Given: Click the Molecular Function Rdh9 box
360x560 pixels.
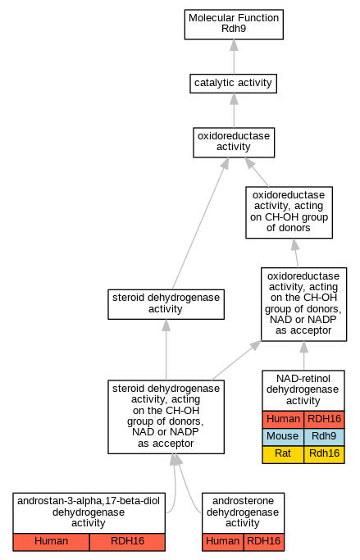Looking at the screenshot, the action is [234, 25].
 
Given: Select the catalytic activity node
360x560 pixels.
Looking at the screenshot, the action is [233, 83].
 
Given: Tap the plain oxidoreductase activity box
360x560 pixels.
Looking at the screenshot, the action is [234, 142].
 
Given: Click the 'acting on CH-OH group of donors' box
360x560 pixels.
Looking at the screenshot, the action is [289, 212].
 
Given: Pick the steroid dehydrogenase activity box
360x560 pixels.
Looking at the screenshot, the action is [166, 304].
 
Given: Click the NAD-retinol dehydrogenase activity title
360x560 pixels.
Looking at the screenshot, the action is [303, 390].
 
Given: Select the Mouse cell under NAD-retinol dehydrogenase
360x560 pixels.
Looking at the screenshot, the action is [283, 436].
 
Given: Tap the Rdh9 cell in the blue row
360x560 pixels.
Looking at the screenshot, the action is [324, 436].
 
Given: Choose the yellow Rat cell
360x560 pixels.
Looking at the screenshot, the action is [283, 454].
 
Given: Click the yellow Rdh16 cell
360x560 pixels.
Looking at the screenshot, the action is [324, 454].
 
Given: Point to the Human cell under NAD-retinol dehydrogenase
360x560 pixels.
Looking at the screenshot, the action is [283, 419].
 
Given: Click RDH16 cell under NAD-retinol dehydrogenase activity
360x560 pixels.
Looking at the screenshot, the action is [324, 419].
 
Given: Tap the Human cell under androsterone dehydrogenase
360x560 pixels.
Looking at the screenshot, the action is [223, 542].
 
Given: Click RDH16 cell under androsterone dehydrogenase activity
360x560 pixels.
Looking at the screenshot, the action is [264, 542].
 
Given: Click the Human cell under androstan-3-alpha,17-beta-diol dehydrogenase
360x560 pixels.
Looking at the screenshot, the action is [51, 542].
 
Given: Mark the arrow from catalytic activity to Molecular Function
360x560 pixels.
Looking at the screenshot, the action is [234, 57].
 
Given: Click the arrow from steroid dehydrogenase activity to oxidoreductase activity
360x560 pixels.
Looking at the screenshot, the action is [200, 224].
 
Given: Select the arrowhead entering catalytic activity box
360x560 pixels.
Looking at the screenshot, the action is [234, 98].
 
